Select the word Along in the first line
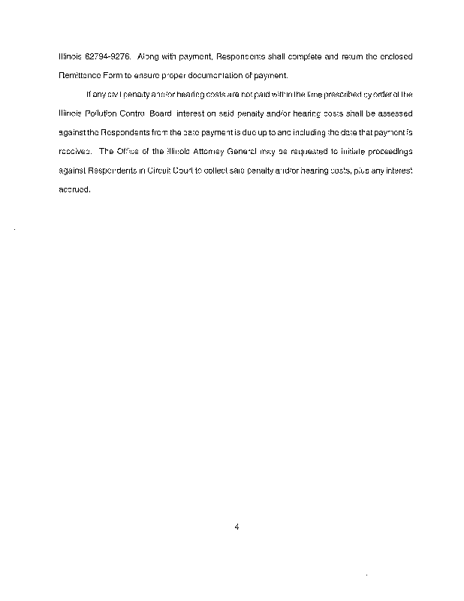(149, 56)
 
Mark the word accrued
(74, 189)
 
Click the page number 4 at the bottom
(237, 527)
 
